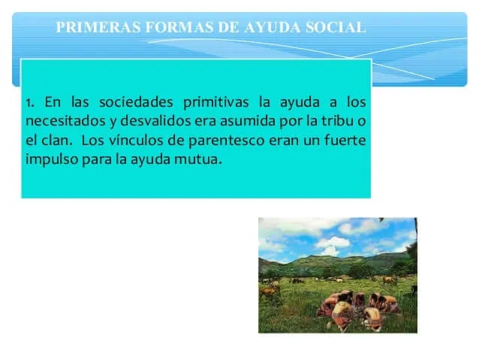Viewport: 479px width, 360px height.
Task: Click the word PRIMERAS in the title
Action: coord(98,27)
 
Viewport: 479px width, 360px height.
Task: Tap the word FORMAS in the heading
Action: coord(179,27)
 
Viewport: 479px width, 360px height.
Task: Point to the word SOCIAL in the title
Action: coord(336,27)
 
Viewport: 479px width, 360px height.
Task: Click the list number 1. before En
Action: coord(30,103)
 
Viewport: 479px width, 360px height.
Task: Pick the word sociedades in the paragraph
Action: coord(136,102)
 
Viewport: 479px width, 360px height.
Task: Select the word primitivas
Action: coord(216,103)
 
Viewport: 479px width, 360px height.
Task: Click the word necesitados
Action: coord(65,121)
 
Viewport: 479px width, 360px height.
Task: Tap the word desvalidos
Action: coord(156,121)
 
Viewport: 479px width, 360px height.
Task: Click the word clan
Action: coord(57,140)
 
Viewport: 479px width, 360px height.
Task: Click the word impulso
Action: coord(52,160)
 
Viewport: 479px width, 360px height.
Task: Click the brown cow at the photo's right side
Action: coord(390,280)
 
